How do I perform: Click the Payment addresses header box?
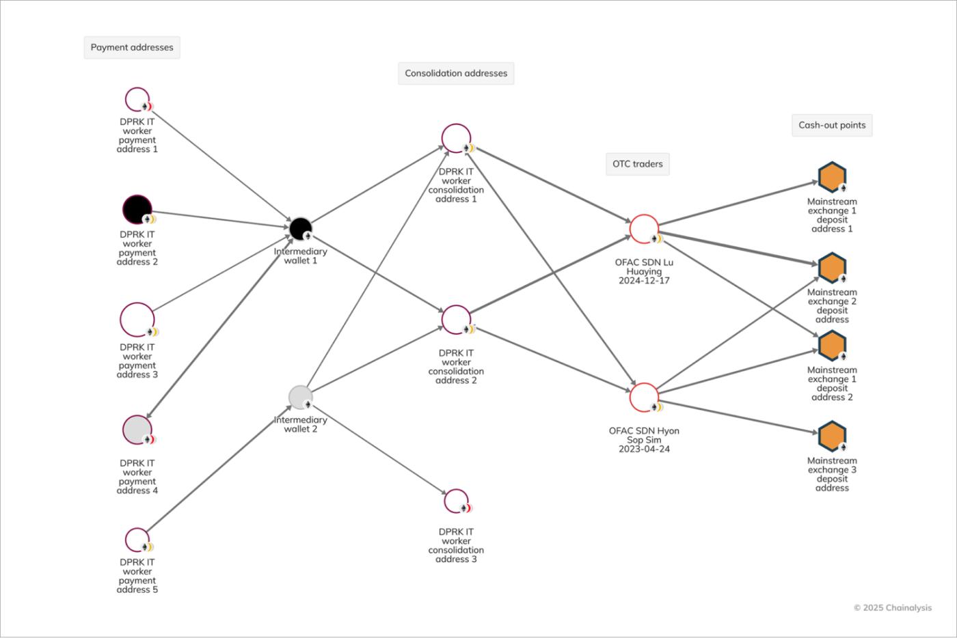click(132, 48)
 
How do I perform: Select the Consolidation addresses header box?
click(456, 74)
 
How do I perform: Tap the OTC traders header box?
click(637, 164)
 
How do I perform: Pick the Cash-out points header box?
click(832, 126)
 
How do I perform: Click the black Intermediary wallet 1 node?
click(300, 229)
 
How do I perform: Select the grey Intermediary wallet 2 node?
click(300, 397)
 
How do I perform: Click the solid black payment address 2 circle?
click(137, 209)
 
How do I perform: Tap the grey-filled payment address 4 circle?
click(137, 430)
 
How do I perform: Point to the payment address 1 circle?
click(137, 100)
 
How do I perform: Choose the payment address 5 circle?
click(137, 540)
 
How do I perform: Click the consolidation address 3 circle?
click(456, 501)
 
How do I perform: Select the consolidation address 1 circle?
click(456, 138)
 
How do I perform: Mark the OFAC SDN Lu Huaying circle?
click(644, 229)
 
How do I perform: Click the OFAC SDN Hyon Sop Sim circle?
click(644, 398)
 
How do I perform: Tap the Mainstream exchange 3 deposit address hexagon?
click(832, 436)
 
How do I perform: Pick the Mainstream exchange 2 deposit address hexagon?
click(832, 268)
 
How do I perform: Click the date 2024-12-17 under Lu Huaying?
click(644, 281)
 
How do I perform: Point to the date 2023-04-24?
click(644, 449)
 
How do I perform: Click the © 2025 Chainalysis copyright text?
click(892, 608)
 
